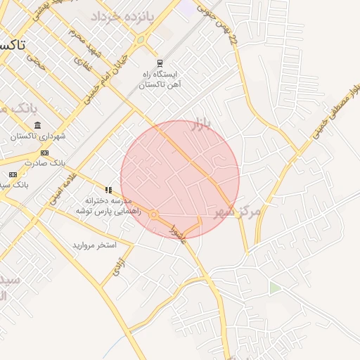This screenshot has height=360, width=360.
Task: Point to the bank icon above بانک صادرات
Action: [44, 153]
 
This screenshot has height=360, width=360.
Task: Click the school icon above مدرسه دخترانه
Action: [108, 190]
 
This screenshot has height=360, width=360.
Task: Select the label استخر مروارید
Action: [94, 245]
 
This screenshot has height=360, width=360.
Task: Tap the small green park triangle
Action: [274, 288]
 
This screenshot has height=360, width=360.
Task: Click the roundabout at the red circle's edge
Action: [153, 214]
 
